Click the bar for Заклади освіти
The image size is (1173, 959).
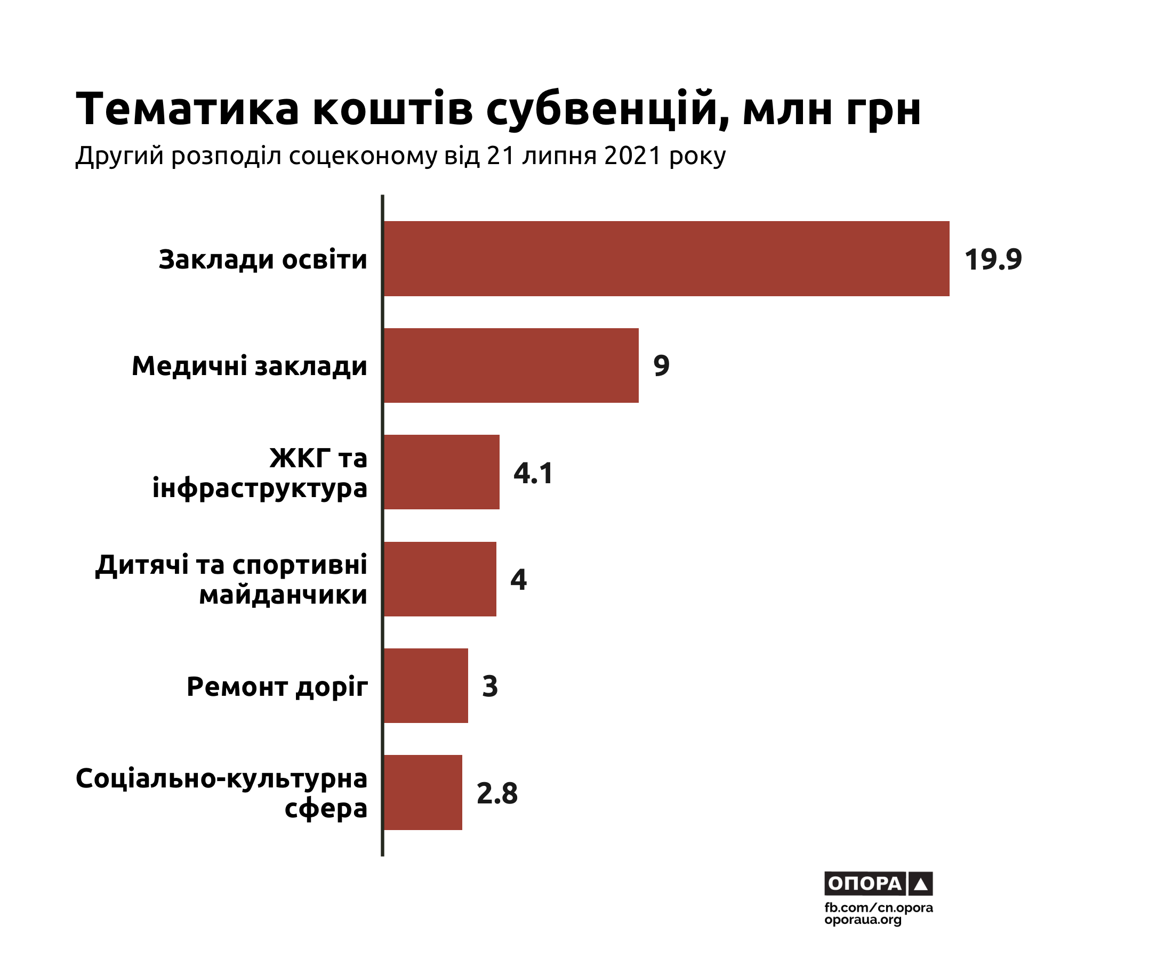coord(666,258)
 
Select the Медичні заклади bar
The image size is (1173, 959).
coord(511,365)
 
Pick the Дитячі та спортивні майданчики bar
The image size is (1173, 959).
coord(439,579)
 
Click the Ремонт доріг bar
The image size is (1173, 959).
coord(425,686)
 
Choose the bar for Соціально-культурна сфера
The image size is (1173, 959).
coord(423,792)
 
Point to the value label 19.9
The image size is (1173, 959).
coord(993,259)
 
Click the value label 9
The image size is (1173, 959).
coord(661,365)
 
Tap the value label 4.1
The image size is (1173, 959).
coord(533,474)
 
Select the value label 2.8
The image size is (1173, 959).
coord(497,793)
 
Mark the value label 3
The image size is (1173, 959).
coord(490,686)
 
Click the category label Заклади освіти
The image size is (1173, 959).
coord(262,259)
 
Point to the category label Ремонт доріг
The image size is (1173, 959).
coord(277,687)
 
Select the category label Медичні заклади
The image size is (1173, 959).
coord(250,366)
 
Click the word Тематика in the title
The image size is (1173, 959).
coord(187,108)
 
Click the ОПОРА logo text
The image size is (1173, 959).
coord(864,883)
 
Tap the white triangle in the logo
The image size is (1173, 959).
coord(920,884)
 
